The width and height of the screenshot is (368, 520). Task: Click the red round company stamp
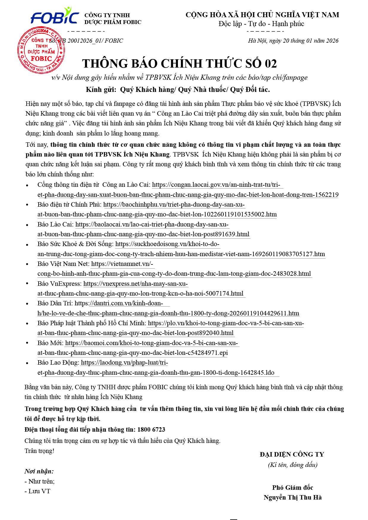coord(41,50)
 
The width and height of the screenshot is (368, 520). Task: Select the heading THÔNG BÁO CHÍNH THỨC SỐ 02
coord(179,63)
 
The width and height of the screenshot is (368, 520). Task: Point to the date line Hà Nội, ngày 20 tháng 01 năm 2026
coord(293,41)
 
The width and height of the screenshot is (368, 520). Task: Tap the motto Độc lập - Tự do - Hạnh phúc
coord(261,24)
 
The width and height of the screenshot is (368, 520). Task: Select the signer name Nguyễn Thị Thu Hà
coord(292,497)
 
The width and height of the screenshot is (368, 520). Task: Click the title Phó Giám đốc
coord(292,487)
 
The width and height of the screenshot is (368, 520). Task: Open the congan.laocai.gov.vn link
coord(217,185)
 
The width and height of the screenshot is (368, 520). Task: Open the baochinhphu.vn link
coord(174,205)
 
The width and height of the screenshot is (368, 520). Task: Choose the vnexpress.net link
coord(136,284)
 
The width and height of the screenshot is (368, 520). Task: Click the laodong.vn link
coord(124,363)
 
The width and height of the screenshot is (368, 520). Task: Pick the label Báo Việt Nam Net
coord(63,264)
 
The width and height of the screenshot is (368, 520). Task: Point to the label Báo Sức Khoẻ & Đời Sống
coord(75,244)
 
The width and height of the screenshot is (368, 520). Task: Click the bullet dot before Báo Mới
coord(27,344)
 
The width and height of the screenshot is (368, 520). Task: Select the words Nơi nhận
coord(39,471)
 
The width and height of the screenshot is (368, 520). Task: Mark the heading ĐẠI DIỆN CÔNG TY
coord(292,454)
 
